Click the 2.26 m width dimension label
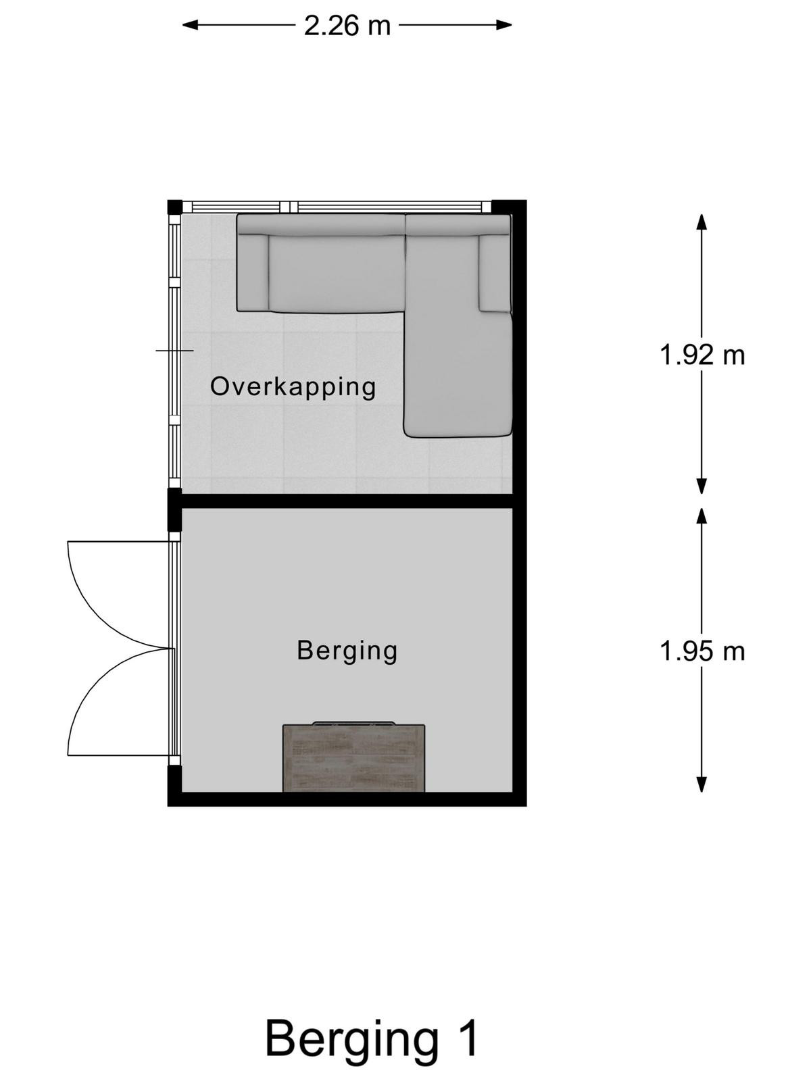click(347, 26)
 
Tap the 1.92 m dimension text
click(702, 355)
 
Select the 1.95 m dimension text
click(702, 651)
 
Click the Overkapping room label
click(293, 387)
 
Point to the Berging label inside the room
click(347, 651)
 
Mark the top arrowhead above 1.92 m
click(702, 222)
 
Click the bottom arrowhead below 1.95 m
click(702, 784)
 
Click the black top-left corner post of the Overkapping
click(175, 207)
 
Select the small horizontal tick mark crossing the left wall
click(175, 351)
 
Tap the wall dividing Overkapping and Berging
click(347, 501)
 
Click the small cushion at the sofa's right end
click(495, 274)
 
